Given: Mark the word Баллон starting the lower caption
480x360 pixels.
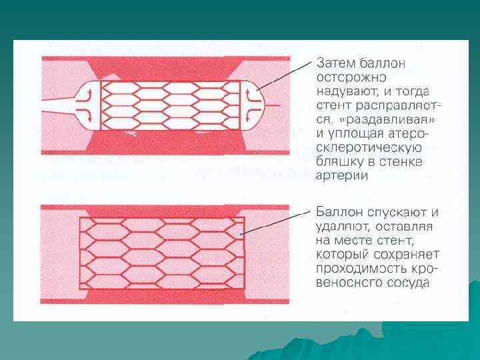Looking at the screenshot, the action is [x=339, y=213].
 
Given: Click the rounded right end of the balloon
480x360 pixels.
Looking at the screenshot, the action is [x=257, y=105].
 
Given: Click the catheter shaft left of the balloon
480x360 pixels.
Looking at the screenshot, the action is [x=57, y=106].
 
